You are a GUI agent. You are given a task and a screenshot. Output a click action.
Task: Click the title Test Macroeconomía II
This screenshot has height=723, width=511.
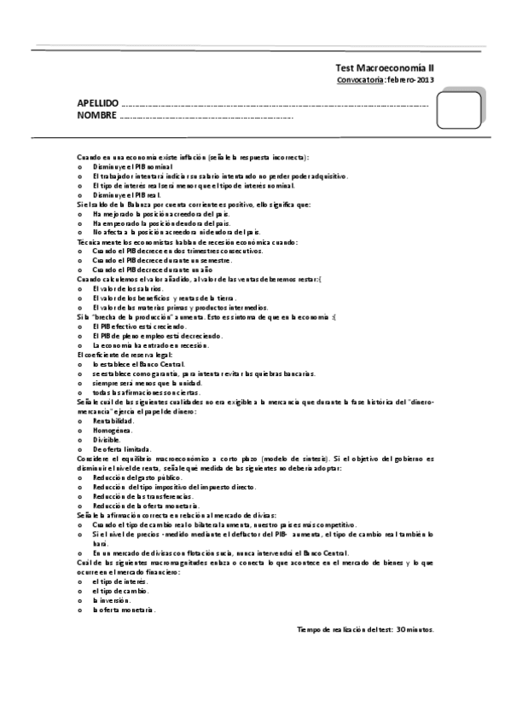tap(386, 68)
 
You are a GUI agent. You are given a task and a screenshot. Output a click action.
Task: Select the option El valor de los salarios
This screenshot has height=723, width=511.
tap(127, 288)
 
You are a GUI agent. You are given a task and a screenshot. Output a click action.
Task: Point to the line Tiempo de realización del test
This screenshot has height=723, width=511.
tap(365, 629)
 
